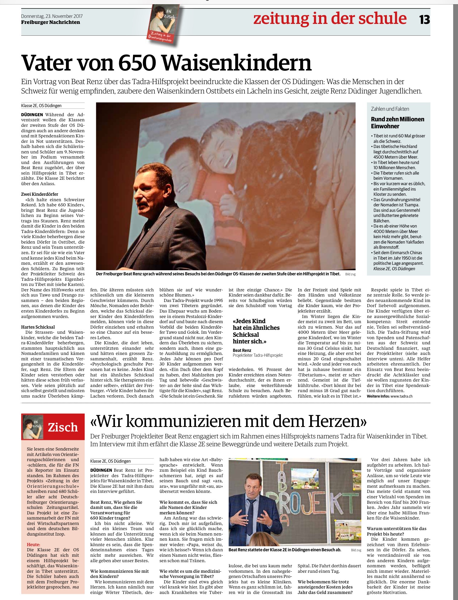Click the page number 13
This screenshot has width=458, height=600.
click(424, 20)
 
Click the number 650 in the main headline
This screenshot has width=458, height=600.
click(137, 63)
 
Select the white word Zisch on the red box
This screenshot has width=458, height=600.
click(63, 427)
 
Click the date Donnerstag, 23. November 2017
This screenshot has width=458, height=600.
click(52, 16)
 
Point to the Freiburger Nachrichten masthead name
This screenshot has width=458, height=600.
click(50, 22)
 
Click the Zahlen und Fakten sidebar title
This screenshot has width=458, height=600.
click(390, 109)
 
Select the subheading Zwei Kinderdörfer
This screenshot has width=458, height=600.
click(40, 194)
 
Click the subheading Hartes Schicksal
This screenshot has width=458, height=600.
click(38, 327)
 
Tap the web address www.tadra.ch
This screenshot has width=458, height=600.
click(401, 396)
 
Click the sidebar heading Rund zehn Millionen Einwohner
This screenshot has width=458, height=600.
click(397, 123)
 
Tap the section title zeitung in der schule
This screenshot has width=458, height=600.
click(330, 19)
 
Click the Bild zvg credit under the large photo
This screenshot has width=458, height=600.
click(350, 274)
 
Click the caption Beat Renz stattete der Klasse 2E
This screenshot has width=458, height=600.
click(285, 550)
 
